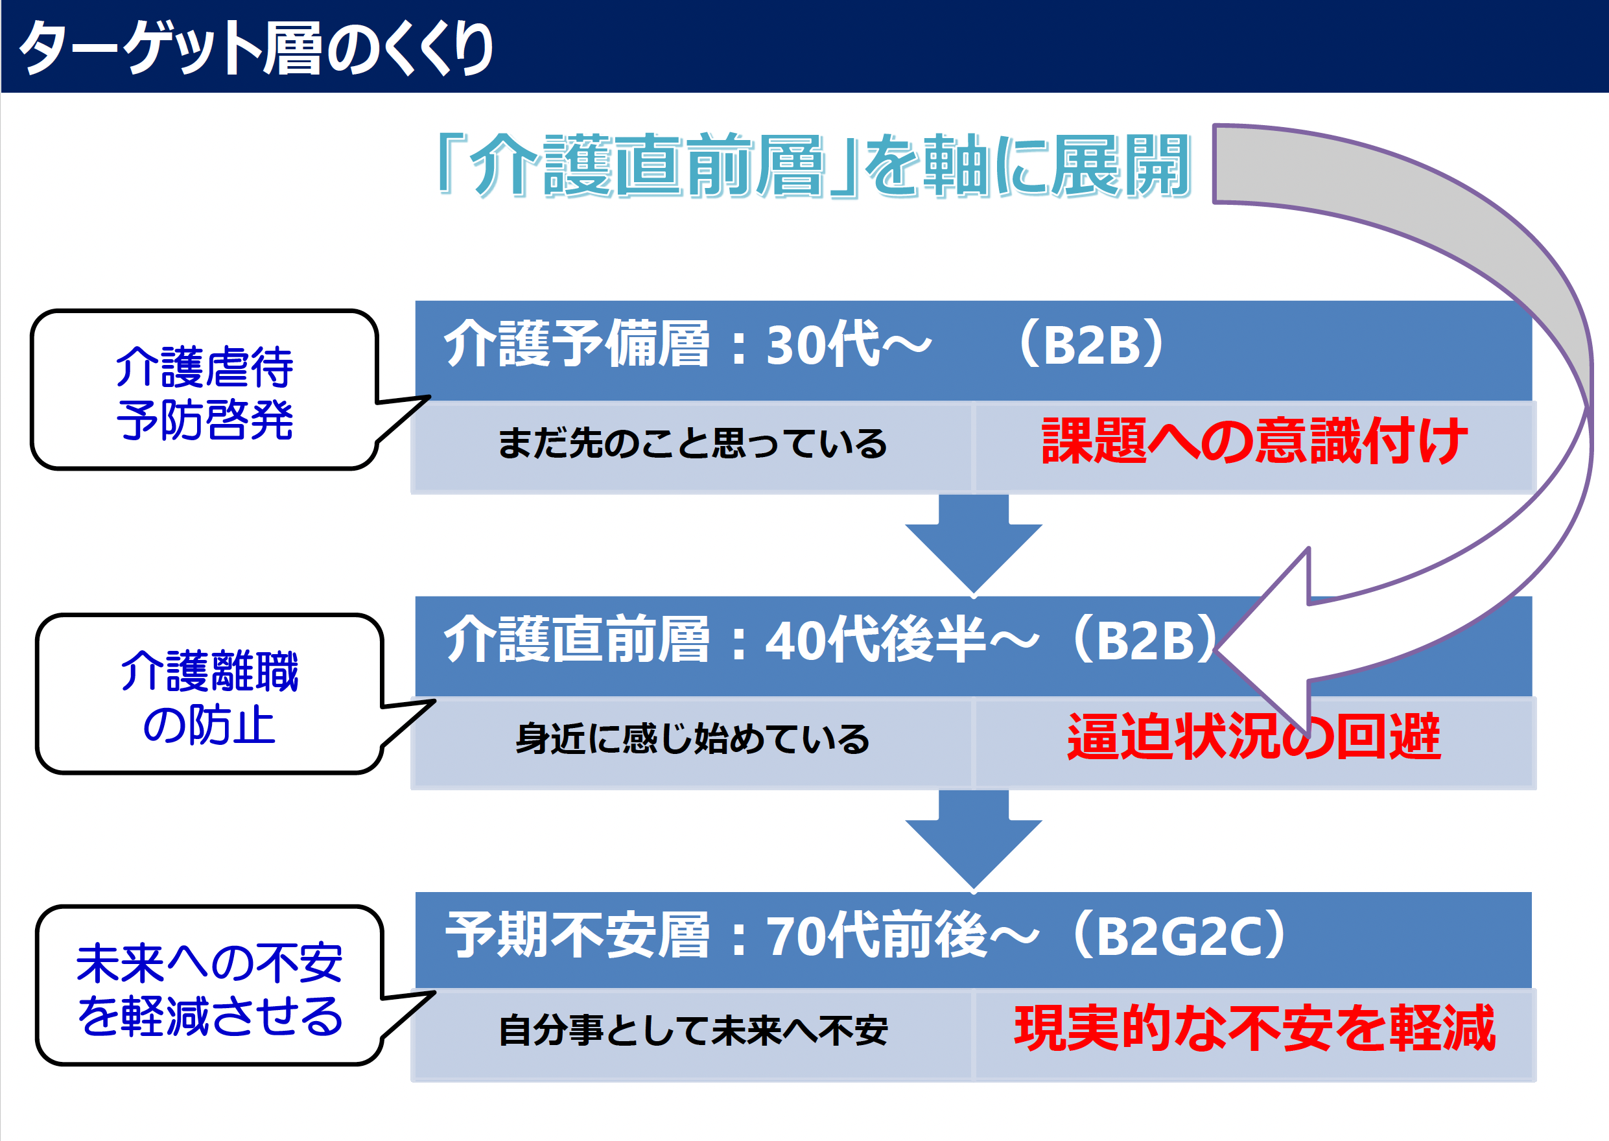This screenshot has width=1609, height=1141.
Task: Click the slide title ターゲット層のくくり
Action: (x=257, y=48)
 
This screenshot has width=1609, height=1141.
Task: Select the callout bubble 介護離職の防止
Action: (x=209, y=696)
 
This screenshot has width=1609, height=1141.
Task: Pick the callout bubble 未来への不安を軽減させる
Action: (x=209, y=988)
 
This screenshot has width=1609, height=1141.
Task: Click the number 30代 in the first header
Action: (x=823, y=345)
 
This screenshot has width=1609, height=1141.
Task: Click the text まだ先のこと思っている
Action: (x=692, y=445)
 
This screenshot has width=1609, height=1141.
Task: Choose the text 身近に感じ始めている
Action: (x=692, y=740)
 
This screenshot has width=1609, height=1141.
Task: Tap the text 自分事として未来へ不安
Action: (x=692, y=1031)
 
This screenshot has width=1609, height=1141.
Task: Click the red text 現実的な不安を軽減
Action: (x=1254, y=1029)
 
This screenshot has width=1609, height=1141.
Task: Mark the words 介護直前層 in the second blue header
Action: (x=576, y=640)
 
